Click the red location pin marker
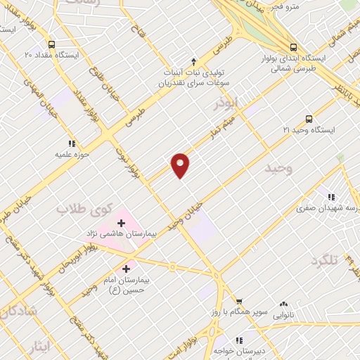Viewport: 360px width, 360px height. click(x=181, y=165)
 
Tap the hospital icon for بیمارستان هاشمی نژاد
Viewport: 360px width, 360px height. click(x=121, y=223)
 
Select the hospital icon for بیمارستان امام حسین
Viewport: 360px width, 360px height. click(x=127, y=268)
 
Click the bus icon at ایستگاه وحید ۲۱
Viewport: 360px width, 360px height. click(x=308, y=119)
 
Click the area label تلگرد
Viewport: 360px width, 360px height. click(x=324, y=261)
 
